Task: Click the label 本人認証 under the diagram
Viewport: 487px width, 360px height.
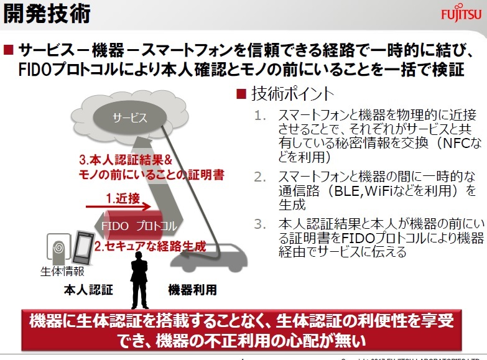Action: [88, 290]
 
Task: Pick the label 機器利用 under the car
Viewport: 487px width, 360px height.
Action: [193, 290]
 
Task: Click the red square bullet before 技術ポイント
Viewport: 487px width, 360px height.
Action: [242, 95]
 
